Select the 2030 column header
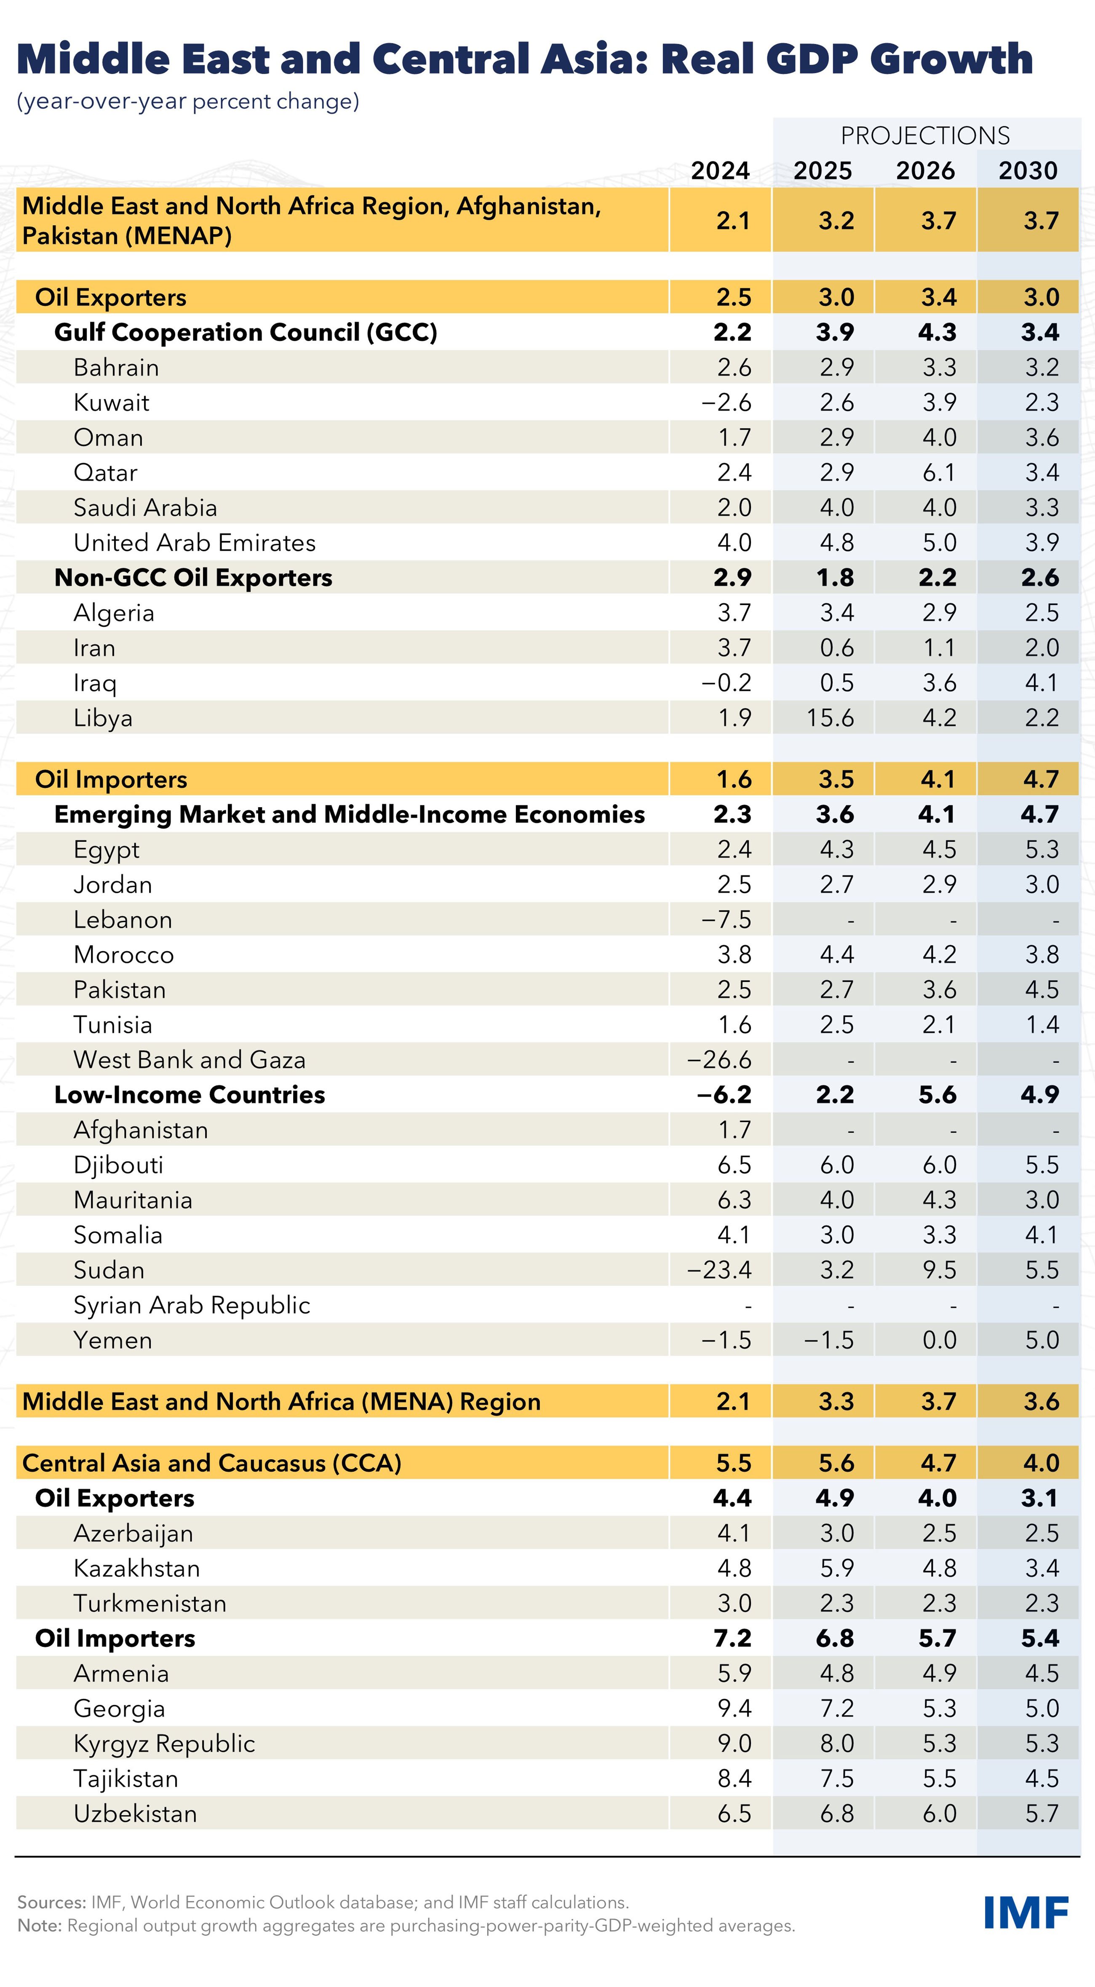click(1028, 171)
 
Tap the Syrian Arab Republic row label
click(191, 1305)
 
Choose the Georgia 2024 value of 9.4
click(734, 1709)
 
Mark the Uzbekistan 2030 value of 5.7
click(1042, 1814)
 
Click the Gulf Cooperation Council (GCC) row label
click(246, 333)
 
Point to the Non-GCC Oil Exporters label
click(193, 578)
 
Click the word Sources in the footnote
click(51, 1902)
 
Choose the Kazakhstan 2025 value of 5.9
click(836, 1568)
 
